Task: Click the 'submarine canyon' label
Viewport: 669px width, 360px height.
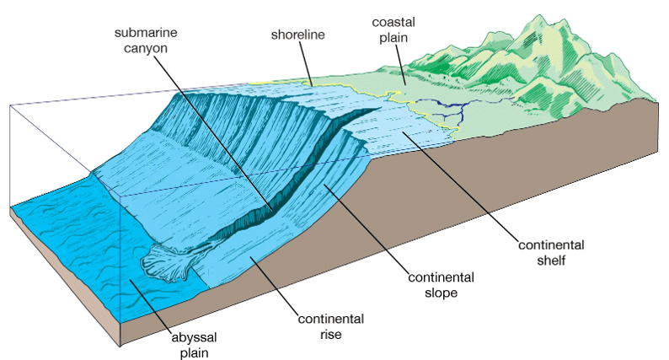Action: [146, 40]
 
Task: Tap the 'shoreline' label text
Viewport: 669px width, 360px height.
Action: [297, 35]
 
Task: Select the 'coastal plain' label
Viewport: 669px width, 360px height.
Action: [393, 30]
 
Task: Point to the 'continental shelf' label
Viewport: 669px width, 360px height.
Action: [551, 252]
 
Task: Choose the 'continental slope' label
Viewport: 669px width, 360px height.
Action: [442, 285]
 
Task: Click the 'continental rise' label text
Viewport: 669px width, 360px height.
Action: [331, 326]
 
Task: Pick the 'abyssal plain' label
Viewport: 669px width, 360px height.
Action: [194, 345]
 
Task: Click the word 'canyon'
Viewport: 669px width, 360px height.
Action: [146, 48]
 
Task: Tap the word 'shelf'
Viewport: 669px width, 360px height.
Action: [551, 260]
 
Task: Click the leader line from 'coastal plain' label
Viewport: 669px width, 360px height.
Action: [400, 63]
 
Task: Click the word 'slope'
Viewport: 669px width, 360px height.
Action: [442, 293]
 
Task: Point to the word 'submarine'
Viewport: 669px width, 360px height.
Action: [146, 33]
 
